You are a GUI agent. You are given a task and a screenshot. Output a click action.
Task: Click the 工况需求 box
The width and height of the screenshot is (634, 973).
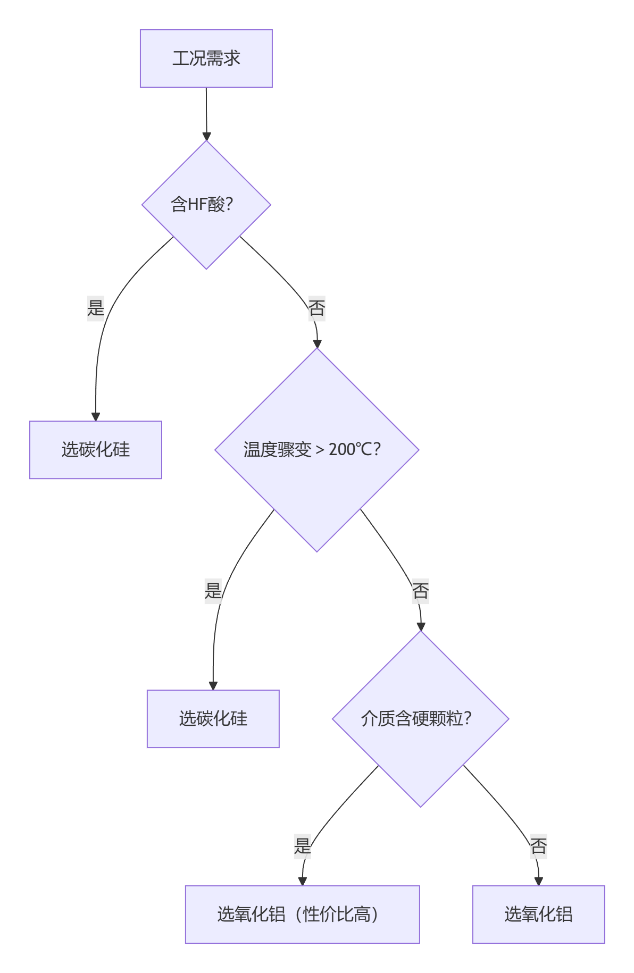206,58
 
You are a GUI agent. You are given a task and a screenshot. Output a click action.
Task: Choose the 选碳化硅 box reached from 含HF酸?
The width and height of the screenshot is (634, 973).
96,450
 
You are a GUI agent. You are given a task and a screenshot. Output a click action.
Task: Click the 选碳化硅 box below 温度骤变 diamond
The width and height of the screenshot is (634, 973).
213,719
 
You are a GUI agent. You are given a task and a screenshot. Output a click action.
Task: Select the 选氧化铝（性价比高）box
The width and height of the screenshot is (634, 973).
302,915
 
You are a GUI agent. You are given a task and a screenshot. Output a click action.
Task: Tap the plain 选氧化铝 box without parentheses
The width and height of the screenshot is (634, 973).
538,915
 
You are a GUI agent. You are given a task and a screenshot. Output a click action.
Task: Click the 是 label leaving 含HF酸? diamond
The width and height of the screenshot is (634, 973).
96,308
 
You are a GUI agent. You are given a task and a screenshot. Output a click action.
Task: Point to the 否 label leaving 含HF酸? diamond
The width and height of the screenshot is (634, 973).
317,308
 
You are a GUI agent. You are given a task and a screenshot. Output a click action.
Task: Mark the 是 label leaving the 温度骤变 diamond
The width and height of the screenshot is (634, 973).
213,591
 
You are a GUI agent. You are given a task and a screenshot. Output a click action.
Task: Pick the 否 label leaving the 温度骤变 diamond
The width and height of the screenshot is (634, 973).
420,591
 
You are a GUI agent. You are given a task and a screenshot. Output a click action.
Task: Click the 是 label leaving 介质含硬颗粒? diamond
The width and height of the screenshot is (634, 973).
302,846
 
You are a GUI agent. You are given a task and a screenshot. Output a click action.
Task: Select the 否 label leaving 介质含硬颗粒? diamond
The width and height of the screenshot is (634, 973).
538,846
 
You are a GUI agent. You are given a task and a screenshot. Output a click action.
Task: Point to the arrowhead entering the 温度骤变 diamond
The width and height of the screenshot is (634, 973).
317,343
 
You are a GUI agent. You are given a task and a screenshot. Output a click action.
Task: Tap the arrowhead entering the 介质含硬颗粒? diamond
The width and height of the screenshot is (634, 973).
421,626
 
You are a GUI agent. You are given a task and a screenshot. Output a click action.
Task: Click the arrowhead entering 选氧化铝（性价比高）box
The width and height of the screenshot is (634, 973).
302,881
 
